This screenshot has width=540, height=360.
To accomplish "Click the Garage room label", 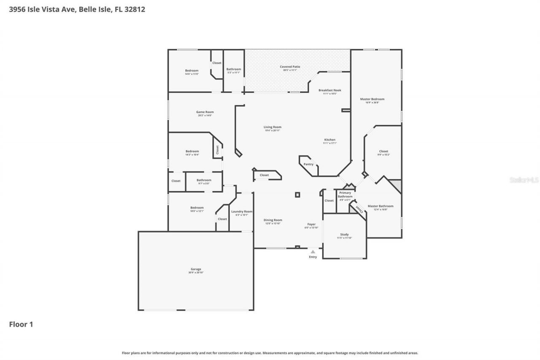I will (196, 269).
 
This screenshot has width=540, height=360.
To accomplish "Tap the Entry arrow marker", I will (313, 252).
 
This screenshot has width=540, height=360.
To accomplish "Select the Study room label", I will (344, 235).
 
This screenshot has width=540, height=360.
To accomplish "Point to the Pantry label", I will (308, 164).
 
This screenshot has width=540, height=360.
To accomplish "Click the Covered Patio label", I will (290, 67).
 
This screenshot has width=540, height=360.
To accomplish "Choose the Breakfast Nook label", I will (329, 90).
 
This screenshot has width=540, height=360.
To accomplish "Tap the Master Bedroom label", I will (372, 99).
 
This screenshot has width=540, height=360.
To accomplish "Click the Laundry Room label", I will (242, 211).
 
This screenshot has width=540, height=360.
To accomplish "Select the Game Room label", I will (205, 112).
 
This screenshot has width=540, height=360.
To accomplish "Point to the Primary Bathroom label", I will (345, 195).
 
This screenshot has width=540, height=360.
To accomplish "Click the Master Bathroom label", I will (380, 206).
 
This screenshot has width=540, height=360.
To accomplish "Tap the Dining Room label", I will (273, 220).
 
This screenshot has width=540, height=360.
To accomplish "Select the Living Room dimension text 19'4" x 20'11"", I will (273, 130).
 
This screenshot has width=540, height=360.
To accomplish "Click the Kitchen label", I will (329, 140).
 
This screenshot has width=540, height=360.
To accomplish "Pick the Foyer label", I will (311, 224).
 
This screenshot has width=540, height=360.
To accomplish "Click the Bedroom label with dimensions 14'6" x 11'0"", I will (192, 70).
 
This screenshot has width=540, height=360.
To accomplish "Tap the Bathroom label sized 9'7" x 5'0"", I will (204, 180).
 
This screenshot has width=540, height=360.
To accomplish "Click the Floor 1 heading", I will (21, 324).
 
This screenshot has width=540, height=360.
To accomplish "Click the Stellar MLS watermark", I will (524, 180).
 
